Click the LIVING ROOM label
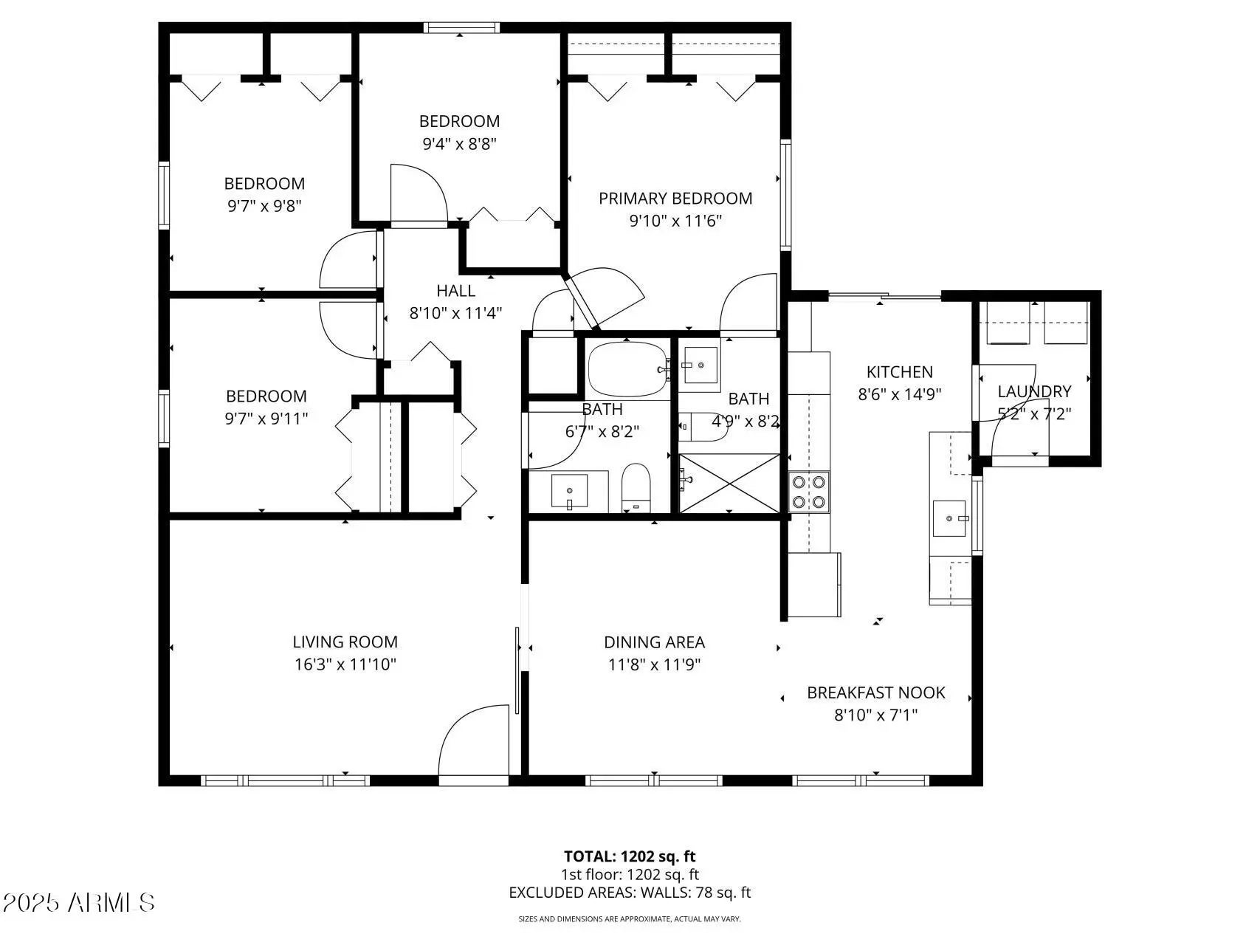(x=345, y=642)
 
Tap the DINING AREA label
(x=654, y=642)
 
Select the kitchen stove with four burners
(x=809, y=492)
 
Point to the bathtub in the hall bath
(x=628, y=369)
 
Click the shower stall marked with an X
(x=729, y=484)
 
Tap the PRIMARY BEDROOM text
(x=675, y=198)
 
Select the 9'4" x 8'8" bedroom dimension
(x=459, y=143)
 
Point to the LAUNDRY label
(x=1034, y=391)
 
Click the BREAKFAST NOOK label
(x=875, y=693)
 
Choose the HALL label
(x=455, y=291)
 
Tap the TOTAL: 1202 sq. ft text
(x=630, y=856)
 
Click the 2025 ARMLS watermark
(x=78, y=902)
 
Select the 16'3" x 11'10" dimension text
(x=345, y=664)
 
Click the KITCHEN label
(x=899, y=372)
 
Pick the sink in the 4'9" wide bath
(x=700, y=365)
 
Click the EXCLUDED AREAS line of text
(x=630, y=893)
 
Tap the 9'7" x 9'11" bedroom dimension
(x=266, y=419)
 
